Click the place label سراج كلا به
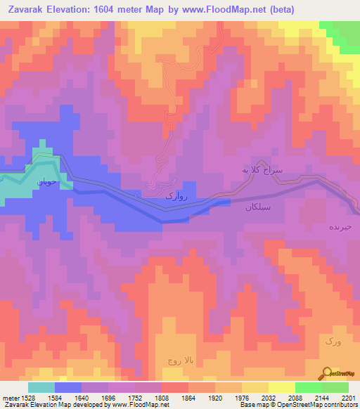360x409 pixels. tap(262, 170)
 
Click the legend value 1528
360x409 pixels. tap(27, 398)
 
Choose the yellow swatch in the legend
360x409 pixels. tap(281, 387)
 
